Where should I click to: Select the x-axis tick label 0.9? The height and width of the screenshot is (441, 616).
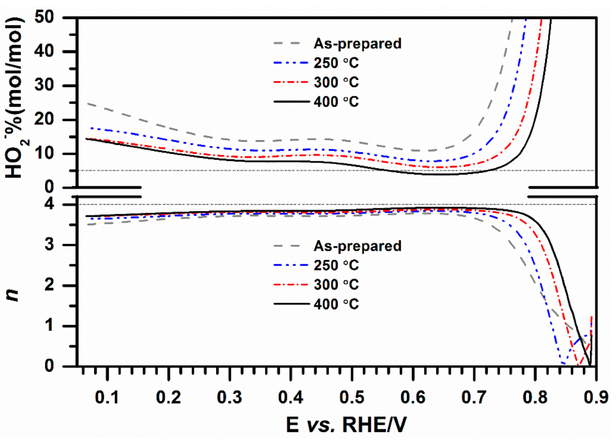click(x=596, y=397)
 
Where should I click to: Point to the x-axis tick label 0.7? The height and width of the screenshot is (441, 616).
click(x=474, y=397)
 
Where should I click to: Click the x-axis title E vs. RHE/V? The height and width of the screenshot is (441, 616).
click(x=346, y=425)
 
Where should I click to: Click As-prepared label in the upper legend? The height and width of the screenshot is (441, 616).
click(x=357, y=44)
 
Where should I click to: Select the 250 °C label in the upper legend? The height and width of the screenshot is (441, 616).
click(x=336, y=63)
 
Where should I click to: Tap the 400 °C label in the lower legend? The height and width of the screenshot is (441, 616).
click(x=336, y=304)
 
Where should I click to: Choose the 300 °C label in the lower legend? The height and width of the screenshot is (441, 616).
click(x=336, y=285)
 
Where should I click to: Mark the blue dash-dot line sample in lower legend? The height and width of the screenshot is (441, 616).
click(x=291, y=265)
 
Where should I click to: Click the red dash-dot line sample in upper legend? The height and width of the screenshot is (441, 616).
click(x=291, y=82)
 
